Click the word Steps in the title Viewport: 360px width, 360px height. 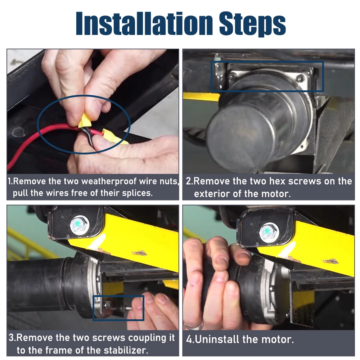pyautogui.click(x=252, y=25)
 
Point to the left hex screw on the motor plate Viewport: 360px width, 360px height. pyautogui.click(x=232, y=76)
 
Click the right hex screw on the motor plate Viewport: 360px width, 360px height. pyautogui.click(x=300, y=78)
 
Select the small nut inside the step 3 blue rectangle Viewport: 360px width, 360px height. pyautogui.click(x=108, y=305)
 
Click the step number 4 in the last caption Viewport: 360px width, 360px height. pyautogui.click(x=189, y=339)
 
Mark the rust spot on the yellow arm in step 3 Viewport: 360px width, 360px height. pyautogui.click(x=139, y=253)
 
